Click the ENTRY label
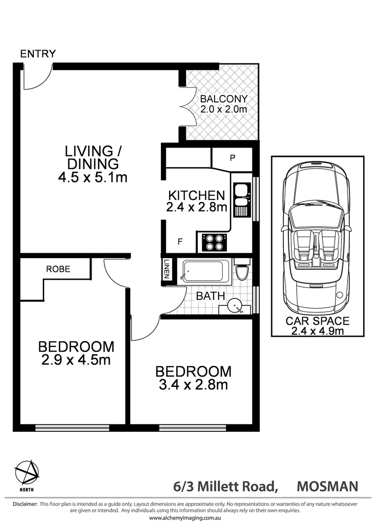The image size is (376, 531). [x=38, y=54]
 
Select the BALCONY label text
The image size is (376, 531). [x=223, y=99]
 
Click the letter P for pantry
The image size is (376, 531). [x=233, y=158]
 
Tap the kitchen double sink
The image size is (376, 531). [x=241, y=196]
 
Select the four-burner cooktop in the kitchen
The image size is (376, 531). [x=214, y=242]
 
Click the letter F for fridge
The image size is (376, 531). [x=180, y=241]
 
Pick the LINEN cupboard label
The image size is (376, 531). [x=167, y=269]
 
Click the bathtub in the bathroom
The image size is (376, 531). [x=206, y=271]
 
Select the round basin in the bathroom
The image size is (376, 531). [x=234, y=306]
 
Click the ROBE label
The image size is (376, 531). [x=58, y=269]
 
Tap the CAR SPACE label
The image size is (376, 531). [x=317, y=321]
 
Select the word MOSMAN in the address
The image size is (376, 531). [x=327, y=487]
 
